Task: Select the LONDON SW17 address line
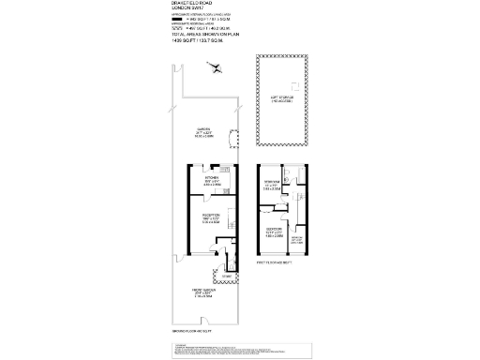[x=187, y=9]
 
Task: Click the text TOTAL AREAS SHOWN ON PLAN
[x=205, y=36]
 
